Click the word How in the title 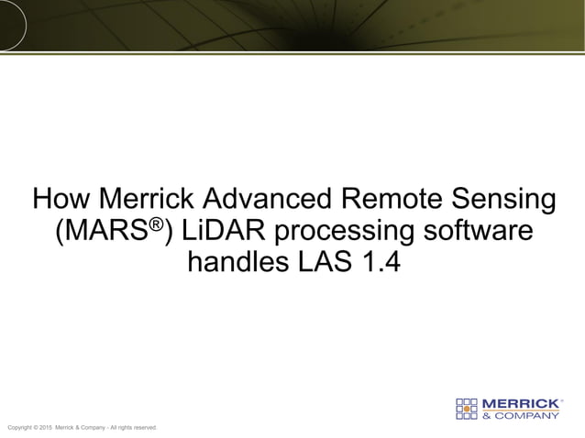pos(62,199)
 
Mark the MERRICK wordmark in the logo pos(519,403)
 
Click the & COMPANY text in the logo pos(521,415)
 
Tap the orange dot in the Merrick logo pos(468,409)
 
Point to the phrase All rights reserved pos(136,428)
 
